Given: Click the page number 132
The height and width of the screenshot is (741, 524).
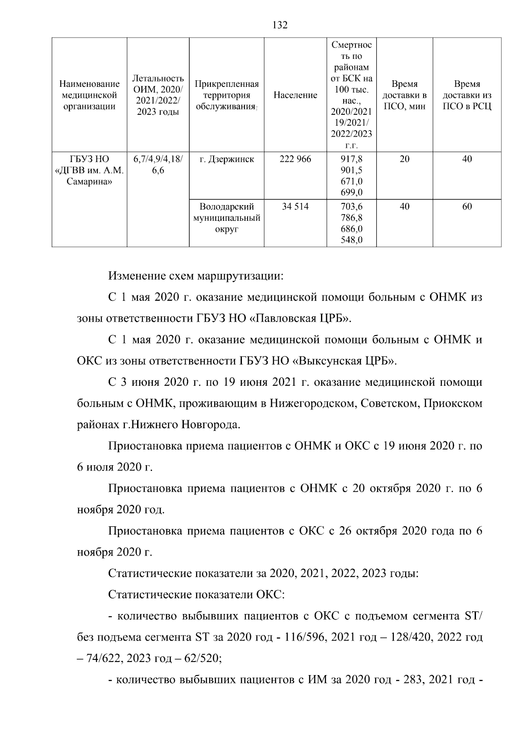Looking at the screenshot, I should pos(280,25).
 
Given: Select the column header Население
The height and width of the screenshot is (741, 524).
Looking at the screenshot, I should pos(295,95).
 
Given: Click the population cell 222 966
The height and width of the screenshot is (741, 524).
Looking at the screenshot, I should pos(295,159).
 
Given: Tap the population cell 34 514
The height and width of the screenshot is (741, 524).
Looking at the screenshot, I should pos(295,207).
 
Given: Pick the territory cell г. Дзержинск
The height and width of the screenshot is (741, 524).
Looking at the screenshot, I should pos(227,159).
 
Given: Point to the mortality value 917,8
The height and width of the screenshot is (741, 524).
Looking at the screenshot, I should pos(352,159).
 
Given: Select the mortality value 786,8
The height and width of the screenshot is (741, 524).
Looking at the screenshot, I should pos(352,218).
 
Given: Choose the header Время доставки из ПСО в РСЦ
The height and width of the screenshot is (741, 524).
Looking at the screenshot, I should pos(467,95).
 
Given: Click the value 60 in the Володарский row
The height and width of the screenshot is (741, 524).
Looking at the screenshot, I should pos(467,207).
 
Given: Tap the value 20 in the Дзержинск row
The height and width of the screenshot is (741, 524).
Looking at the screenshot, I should pos(404,159).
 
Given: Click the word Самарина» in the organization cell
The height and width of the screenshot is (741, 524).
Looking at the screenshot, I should pos(89,182).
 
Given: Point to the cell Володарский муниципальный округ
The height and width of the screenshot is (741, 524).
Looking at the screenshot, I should pos(227,218).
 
